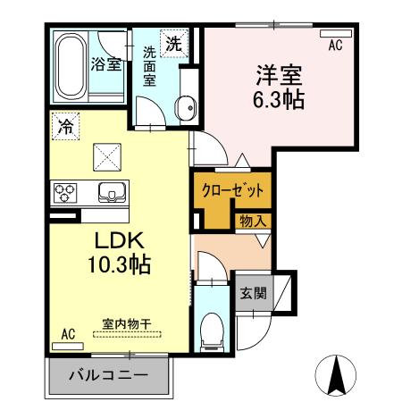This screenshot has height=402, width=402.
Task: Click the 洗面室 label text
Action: click(x=150, y=66)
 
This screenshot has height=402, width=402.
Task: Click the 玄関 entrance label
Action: click(x=251, y=292)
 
